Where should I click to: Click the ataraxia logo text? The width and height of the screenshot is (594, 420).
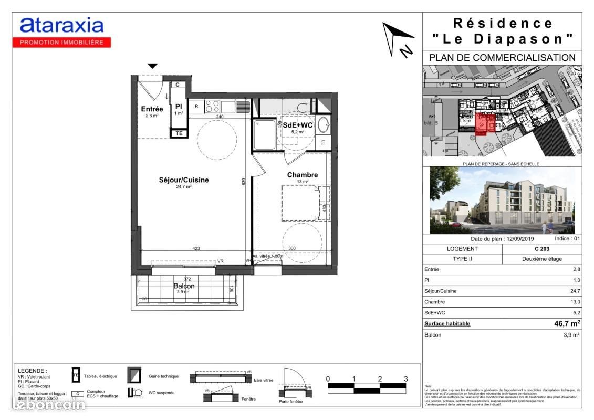(x=61, y=26)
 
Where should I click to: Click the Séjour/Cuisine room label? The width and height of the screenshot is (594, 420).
(x=183, y=180)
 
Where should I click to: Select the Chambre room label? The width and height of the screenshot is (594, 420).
(x=302, y=175)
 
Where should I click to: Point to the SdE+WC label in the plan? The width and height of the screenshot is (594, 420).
(x=298, y=125)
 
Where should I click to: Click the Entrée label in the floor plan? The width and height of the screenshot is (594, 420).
(x=152, y=109)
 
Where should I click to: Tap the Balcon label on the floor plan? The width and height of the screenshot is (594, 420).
(x=184, y=286)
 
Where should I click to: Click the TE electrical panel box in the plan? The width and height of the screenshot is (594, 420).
(x=179, y=133)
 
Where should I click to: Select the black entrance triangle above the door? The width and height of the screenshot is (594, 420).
(x=152, y=66)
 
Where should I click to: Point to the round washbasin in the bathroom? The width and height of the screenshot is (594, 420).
(x=324, y=125)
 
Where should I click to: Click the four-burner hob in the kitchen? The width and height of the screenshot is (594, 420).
(x=212, y=107)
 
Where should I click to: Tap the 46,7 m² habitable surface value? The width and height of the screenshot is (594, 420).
(x=567, y=323)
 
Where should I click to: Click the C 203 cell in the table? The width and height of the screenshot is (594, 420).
(x=542, y=249)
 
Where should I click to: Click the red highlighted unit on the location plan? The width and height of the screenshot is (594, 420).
(x=486, y=124)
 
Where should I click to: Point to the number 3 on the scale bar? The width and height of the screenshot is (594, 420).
(x=405, y=379)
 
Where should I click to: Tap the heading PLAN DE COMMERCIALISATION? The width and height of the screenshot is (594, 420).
(x=502, y=57)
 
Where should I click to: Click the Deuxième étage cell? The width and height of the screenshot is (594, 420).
(x=542, y=259)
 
